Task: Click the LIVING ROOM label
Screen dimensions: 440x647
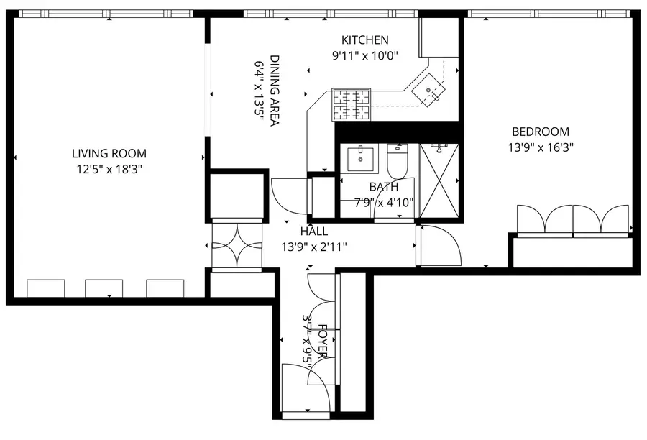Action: point(109,153)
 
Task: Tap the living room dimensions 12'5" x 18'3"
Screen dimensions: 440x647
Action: point(109,169)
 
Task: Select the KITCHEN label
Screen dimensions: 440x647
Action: point(365,40)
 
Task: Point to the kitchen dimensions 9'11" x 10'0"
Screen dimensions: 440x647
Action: point(365,55)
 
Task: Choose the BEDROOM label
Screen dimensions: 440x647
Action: point(540,132)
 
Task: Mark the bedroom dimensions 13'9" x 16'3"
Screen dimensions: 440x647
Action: point(540,147)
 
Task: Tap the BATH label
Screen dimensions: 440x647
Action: point(383,187)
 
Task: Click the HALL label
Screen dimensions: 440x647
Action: point(314,232)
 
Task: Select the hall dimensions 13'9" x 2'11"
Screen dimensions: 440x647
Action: point(314,247)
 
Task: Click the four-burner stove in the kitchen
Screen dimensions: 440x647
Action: point(350,104)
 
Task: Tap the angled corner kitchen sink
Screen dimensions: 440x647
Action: point(431,91)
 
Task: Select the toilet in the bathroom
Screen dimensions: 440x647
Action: point(398,162)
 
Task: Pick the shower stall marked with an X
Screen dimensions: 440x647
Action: point(439,180)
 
